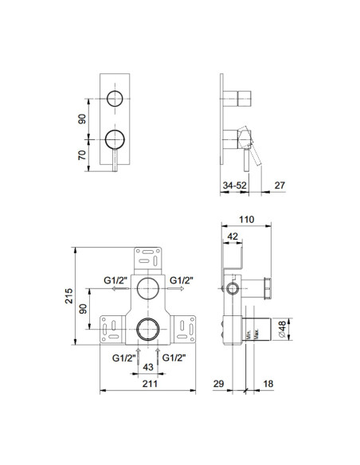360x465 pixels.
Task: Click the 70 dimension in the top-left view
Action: tap(82, 154)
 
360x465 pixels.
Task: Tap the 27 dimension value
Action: tap(279, 186)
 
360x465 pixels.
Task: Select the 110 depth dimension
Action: tap(246, 218)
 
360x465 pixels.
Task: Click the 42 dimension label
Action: tap(232, 236)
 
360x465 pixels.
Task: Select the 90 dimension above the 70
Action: tap(82, 118)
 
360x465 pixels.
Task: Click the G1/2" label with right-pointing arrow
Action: tap(182, 279)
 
